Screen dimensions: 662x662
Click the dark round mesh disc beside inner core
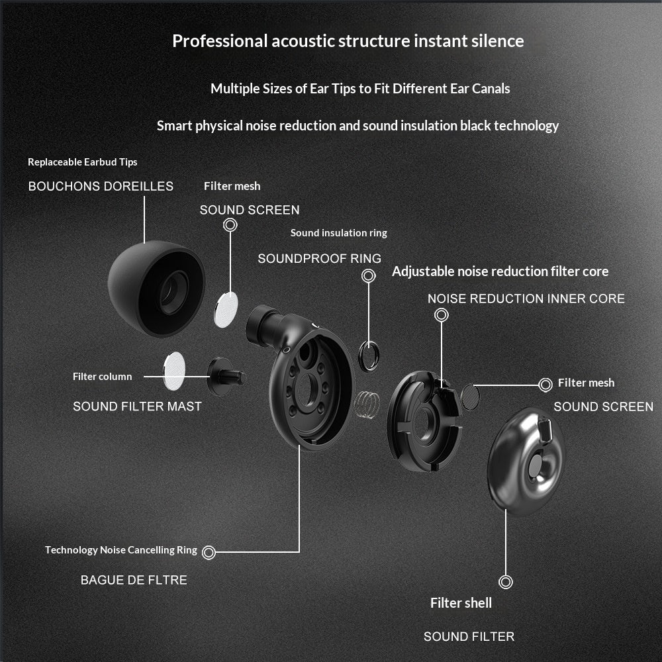[470, 397]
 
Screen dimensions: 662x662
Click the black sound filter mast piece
[226, 375]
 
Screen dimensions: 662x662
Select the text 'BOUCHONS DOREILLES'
[101, 187]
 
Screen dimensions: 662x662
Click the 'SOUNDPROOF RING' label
[319, 259]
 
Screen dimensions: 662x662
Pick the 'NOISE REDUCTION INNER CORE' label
[526, 299]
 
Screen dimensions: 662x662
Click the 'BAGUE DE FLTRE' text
[134, 580]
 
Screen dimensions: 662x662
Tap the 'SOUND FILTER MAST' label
[137, 406]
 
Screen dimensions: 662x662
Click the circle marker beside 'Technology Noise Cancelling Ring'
[209, 551]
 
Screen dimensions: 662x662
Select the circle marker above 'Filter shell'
[506, 583]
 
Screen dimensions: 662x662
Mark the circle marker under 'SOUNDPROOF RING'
[369, 276]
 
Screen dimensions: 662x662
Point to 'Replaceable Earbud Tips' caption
[83, 162]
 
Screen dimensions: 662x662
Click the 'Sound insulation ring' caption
[338, 233]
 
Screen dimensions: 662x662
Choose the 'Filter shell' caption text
[461, 603]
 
